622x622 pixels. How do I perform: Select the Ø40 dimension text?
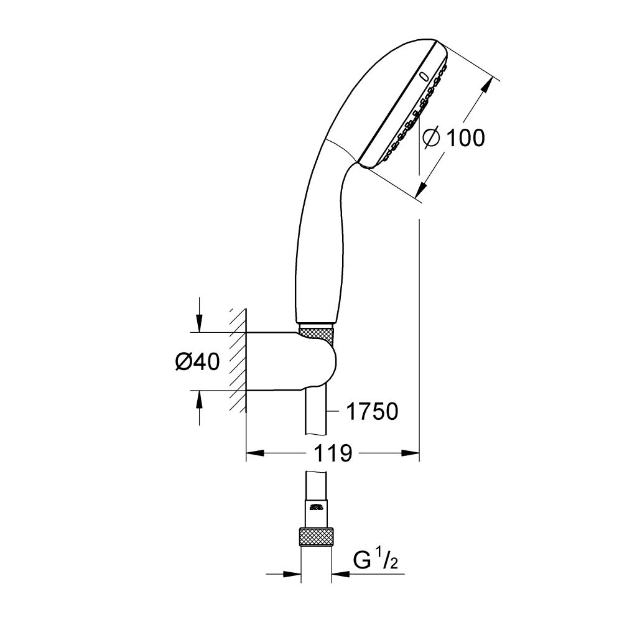pos(197,361)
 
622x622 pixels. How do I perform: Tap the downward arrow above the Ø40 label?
pos(198,324)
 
